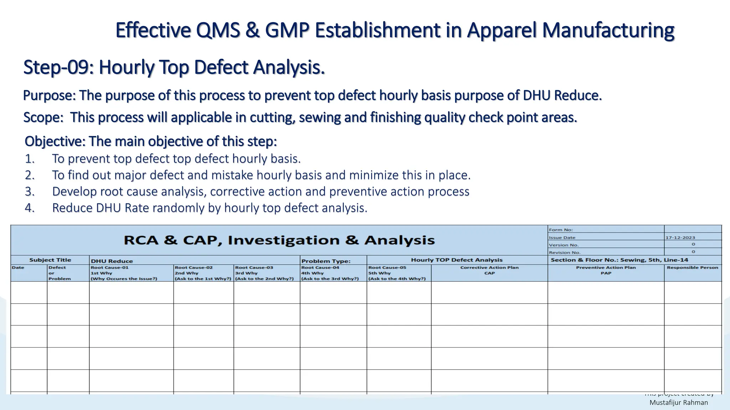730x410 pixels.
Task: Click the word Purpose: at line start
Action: [x=49, y=96]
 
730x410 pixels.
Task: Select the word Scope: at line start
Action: [x=43, y=117]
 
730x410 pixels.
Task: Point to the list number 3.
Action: [x=30, y=191]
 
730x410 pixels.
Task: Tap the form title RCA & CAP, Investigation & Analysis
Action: [x=279, y=240]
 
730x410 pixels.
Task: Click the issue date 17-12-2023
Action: [x=680, y=237]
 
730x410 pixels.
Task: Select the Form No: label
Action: [x=561, y=230]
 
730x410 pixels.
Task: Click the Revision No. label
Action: [x=565, y=252]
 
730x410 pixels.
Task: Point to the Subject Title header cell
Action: [x=50, y=260]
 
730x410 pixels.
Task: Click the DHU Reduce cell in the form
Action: [x=112, y=261]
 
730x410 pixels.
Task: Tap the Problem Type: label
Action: [x=326, y=261]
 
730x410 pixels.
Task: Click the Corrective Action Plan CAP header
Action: [x=489, y=270]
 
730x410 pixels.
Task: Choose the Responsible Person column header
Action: [x=692, y=268]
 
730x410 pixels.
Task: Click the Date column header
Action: [x=18, y=268]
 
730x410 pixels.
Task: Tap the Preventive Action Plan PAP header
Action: [x=606, y=270]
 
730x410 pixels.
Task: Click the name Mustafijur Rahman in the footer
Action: [x=678, y=403]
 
